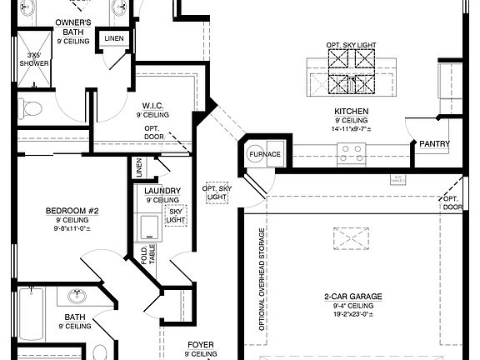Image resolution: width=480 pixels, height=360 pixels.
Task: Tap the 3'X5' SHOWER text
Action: pos(35,60)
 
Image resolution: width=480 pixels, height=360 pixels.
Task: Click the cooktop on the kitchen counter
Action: pos(351,152)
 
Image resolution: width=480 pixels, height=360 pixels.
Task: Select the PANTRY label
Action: pos(434,143)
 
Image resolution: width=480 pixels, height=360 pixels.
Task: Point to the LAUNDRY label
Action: pos(162,190)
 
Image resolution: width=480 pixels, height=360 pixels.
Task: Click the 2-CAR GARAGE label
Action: pos(353,296)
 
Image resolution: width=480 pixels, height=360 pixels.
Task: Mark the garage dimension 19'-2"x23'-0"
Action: pos(353,315)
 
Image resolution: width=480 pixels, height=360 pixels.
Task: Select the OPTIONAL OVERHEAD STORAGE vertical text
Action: pos(262,280)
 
